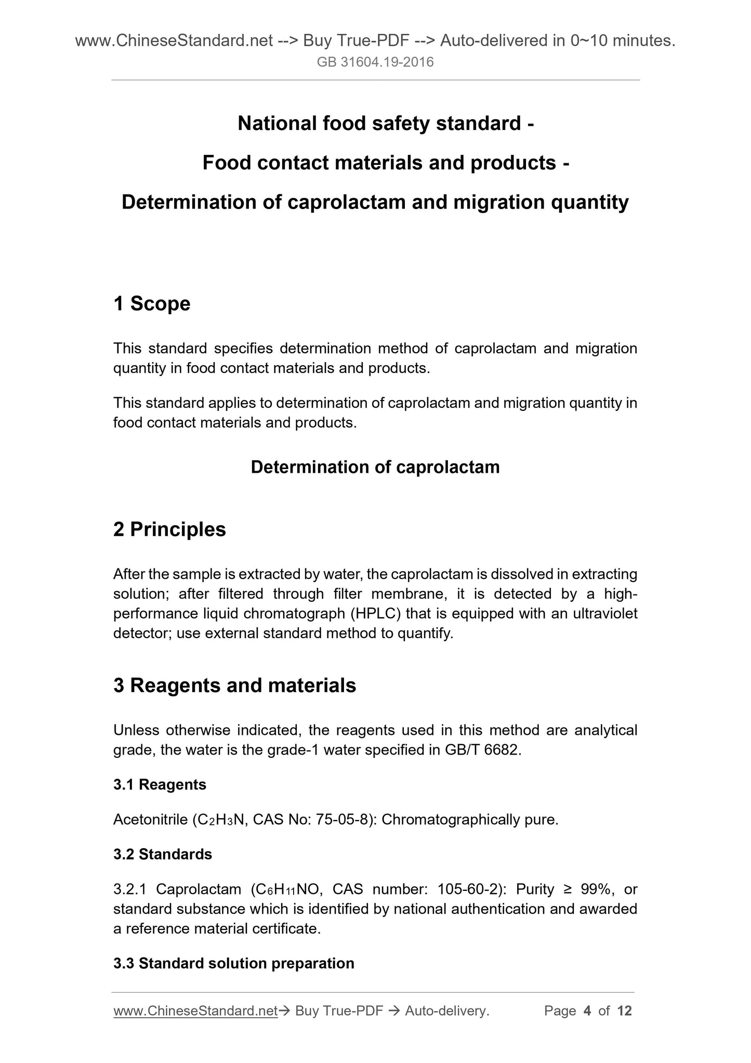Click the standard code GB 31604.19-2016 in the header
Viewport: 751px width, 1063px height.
375,63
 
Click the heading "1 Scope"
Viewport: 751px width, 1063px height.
152,304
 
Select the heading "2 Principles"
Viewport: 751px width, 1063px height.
169,529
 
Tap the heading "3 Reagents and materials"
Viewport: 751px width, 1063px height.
234,685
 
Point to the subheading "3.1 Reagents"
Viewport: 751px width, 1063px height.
160,784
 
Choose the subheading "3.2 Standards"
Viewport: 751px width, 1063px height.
163,854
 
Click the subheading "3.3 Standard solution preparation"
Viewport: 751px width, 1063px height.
234,963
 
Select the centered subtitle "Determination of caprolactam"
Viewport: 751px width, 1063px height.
375,467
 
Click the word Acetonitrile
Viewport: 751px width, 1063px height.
150,820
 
